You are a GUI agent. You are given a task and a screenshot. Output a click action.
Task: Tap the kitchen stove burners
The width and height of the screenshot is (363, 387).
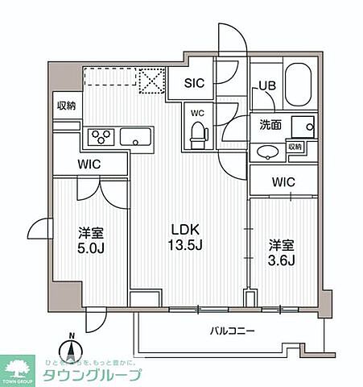pyautogui.click(x=101, y=135)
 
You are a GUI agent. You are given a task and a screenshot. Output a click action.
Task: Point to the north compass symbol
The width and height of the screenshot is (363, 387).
pyautogui.click(x=72, y=349)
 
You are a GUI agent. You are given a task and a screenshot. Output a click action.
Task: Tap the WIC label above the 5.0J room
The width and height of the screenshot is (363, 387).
pyautogui.click(x=89, y=164)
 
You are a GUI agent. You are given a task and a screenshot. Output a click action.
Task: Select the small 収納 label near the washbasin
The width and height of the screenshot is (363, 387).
pyautogui.click(x=295, y=148)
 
